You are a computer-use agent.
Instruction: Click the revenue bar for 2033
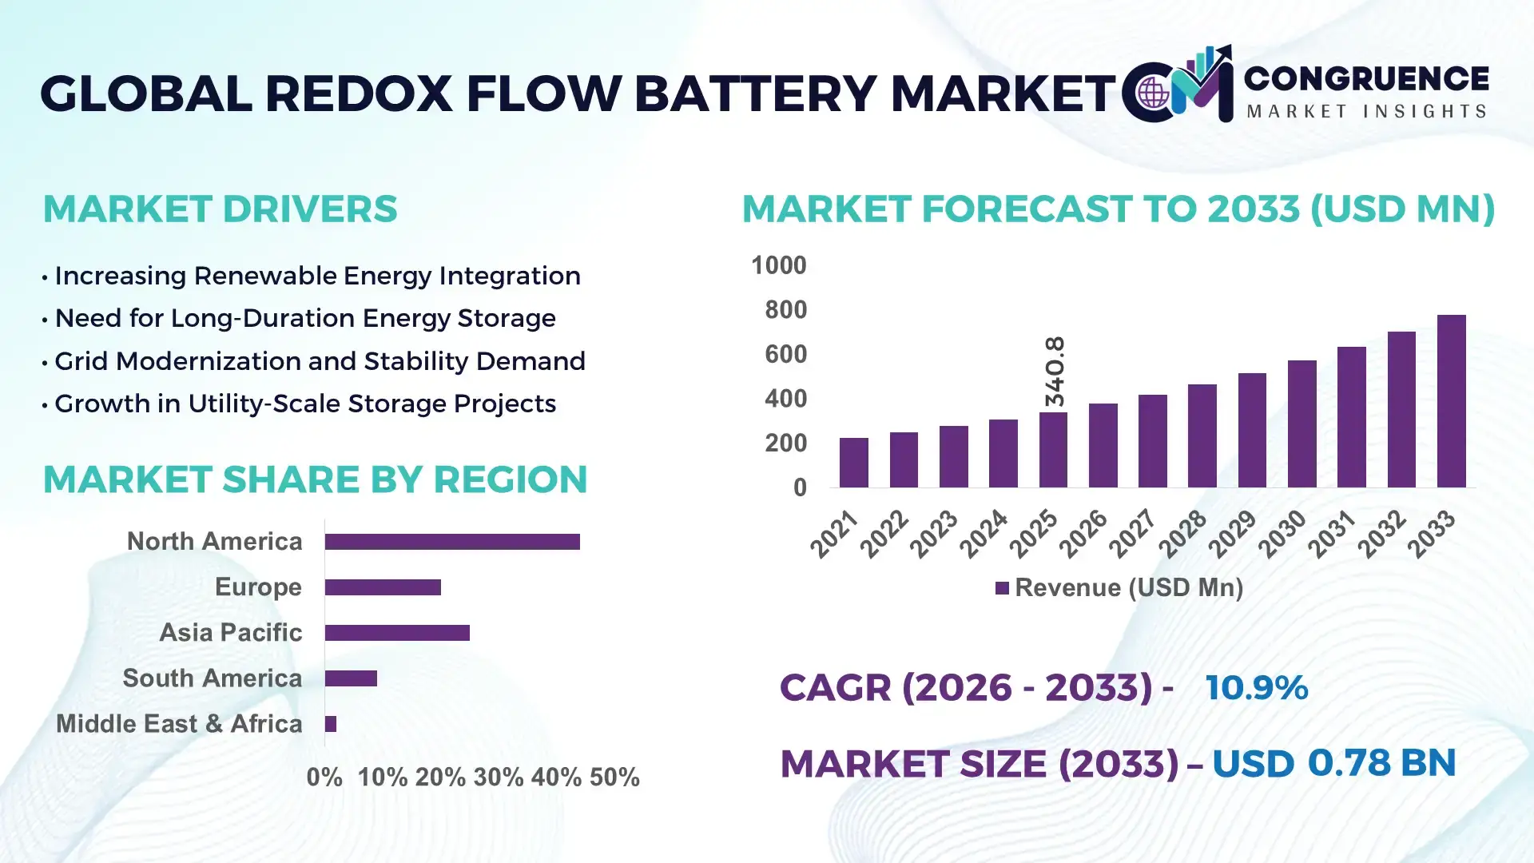coord(1451,401)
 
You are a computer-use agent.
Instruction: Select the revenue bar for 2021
coord(853,463)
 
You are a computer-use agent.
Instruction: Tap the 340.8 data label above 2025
coord(1055,371)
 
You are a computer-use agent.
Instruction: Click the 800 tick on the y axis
coord(785,310)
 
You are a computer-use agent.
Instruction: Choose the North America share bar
coord(452,542)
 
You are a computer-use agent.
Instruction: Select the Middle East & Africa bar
coord(331,724)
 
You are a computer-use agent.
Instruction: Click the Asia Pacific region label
coord(230,632)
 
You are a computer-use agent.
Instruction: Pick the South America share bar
coord(351,678)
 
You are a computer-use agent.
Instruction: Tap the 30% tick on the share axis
coord(498,777)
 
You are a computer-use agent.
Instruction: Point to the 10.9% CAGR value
coord(1256,687)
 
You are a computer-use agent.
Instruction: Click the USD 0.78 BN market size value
coord(1333,763)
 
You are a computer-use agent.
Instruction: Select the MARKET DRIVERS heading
coord(220,209)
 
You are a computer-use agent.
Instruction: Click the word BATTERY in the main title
coord(755,93)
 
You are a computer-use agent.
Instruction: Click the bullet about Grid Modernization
coord(320,361)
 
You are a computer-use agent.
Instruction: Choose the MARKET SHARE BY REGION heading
coord(315,479)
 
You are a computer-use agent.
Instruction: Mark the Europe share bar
coord(383,587)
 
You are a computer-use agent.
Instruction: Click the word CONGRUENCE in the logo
coord(1365,78)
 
